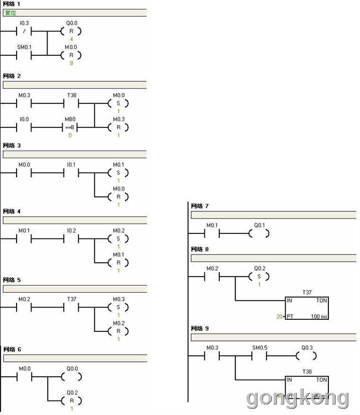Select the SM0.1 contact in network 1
(24, 55)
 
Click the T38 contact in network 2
(72, 103)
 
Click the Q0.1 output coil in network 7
(259, 234)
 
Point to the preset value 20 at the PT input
(280, 317)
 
